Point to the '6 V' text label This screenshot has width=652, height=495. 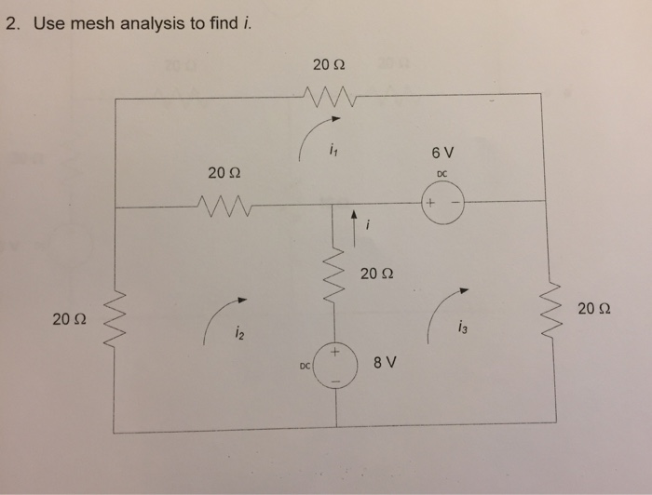click(441, 152)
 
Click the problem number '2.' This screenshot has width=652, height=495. click(13, 22)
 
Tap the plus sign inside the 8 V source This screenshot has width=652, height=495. click(337, 355)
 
